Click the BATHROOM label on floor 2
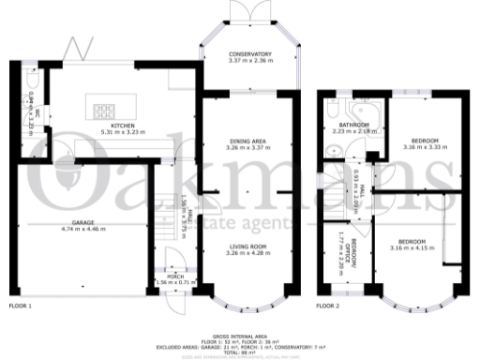(x=353, y=126)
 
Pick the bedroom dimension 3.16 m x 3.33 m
(x=420, y=147)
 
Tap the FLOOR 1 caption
(x=20, y=307)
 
